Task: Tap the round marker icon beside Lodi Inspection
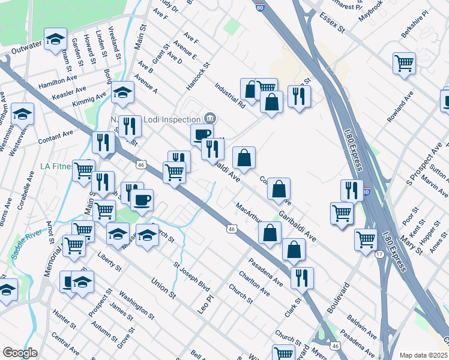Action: pos(209,117)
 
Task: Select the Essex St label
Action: pos(333,22)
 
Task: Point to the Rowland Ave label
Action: pos(400,107)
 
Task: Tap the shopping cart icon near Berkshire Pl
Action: pos(405,62)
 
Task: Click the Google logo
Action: pos(20,352)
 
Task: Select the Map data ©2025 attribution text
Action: pos(423,355)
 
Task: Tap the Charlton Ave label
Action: pos(253,284)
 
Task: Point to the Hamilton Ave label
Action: pos(58,82)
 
